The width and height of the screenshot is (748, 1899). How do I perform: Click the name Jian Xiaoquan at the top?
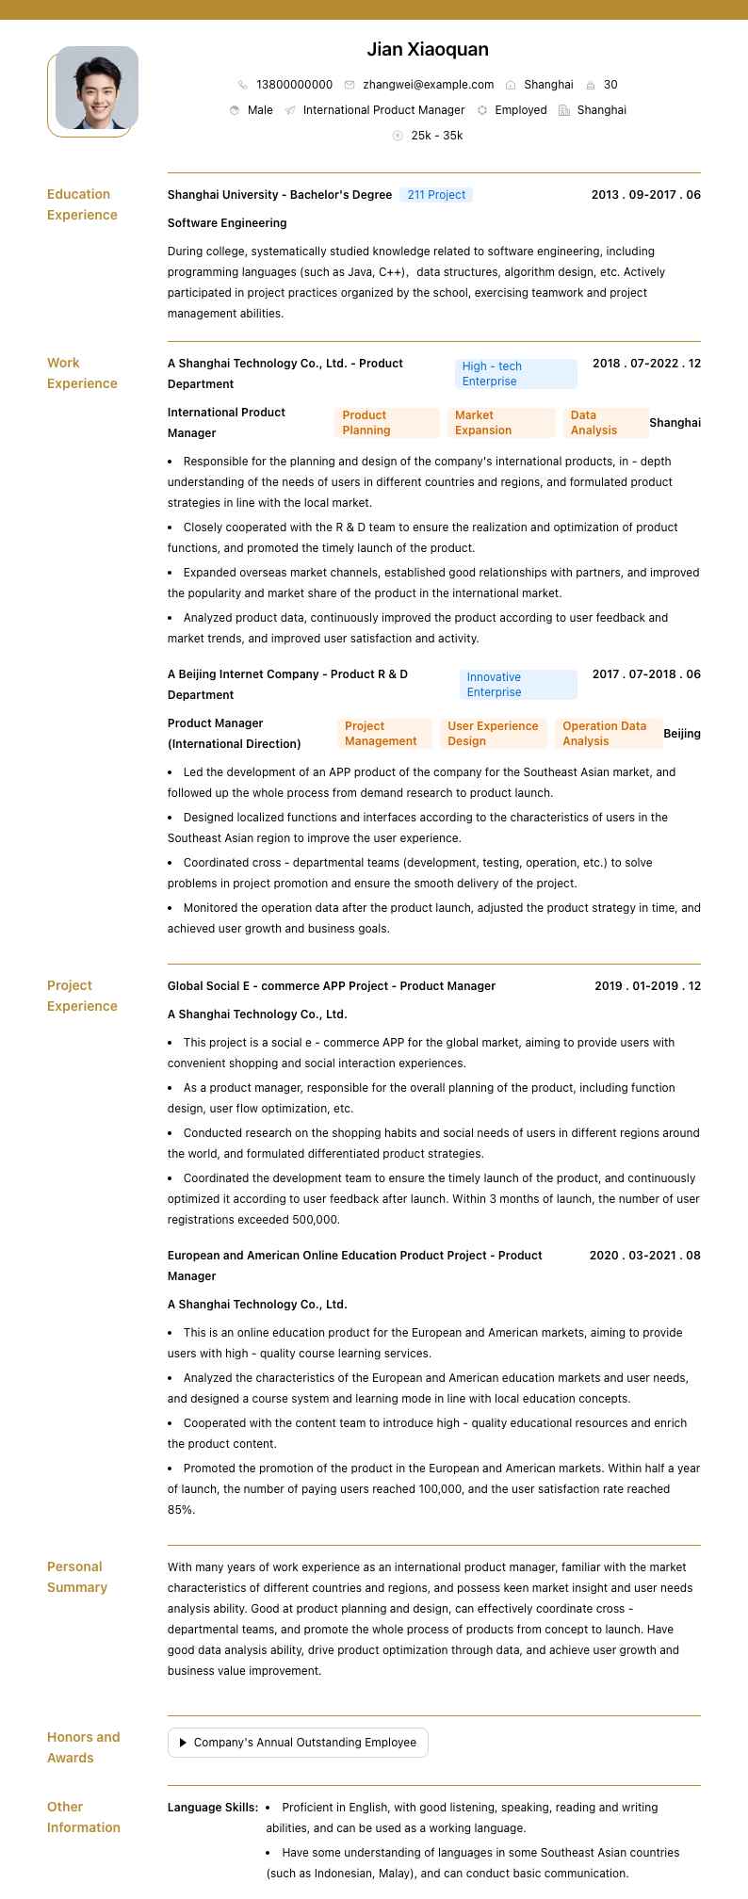(428, 49)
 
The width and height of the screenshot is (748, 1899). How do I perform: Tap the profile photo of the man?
(97, 88)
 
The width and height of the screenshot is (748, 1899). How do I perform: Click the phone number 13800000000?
(294, 85)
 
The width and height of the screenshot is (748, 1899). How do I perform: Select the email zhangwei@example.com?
(428, 85)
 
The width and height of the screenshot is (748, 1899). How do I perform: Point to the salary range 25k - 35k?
(436, 136)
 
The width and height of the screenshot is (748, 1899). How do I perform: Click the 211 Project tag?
(436, 195)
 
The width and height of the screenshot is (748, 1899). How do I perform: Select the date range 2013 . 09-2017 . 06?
(645, 195)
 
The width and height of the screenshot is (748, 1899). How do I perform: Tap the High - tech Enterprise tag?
(515, 374)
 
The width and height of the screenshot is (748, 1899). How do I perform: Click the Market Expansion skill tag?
(500, 423)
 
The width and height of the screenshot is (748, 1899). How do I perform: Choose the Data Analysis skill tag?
(606, 423)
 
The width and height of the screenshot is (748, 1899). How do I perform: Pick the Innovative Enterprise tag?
(518, 685)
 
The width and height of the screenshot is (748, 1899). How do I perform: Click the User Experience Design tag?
(493, 734)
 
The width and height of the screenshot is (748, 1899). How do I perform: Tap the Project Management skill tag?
(384, 734)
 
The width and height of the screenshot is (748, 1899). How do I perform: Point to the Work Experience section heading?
(82, 373)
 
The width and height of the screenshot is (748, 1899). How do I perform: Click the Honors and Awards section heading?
(83, 1747)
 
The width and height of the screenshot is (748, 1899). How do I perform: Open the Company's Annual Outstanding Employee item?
(298, 1743)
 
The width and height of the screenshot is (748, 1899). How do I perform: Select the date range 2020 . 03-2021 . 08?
(644, 1256)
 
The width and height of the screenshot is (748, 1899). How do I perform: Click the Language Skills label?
(213, 1808)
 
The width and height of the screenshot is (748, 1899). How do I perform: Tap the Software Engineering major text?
(227, 223)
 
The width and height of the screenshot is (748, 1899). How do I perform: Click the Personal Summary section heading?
(77, 1577)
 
